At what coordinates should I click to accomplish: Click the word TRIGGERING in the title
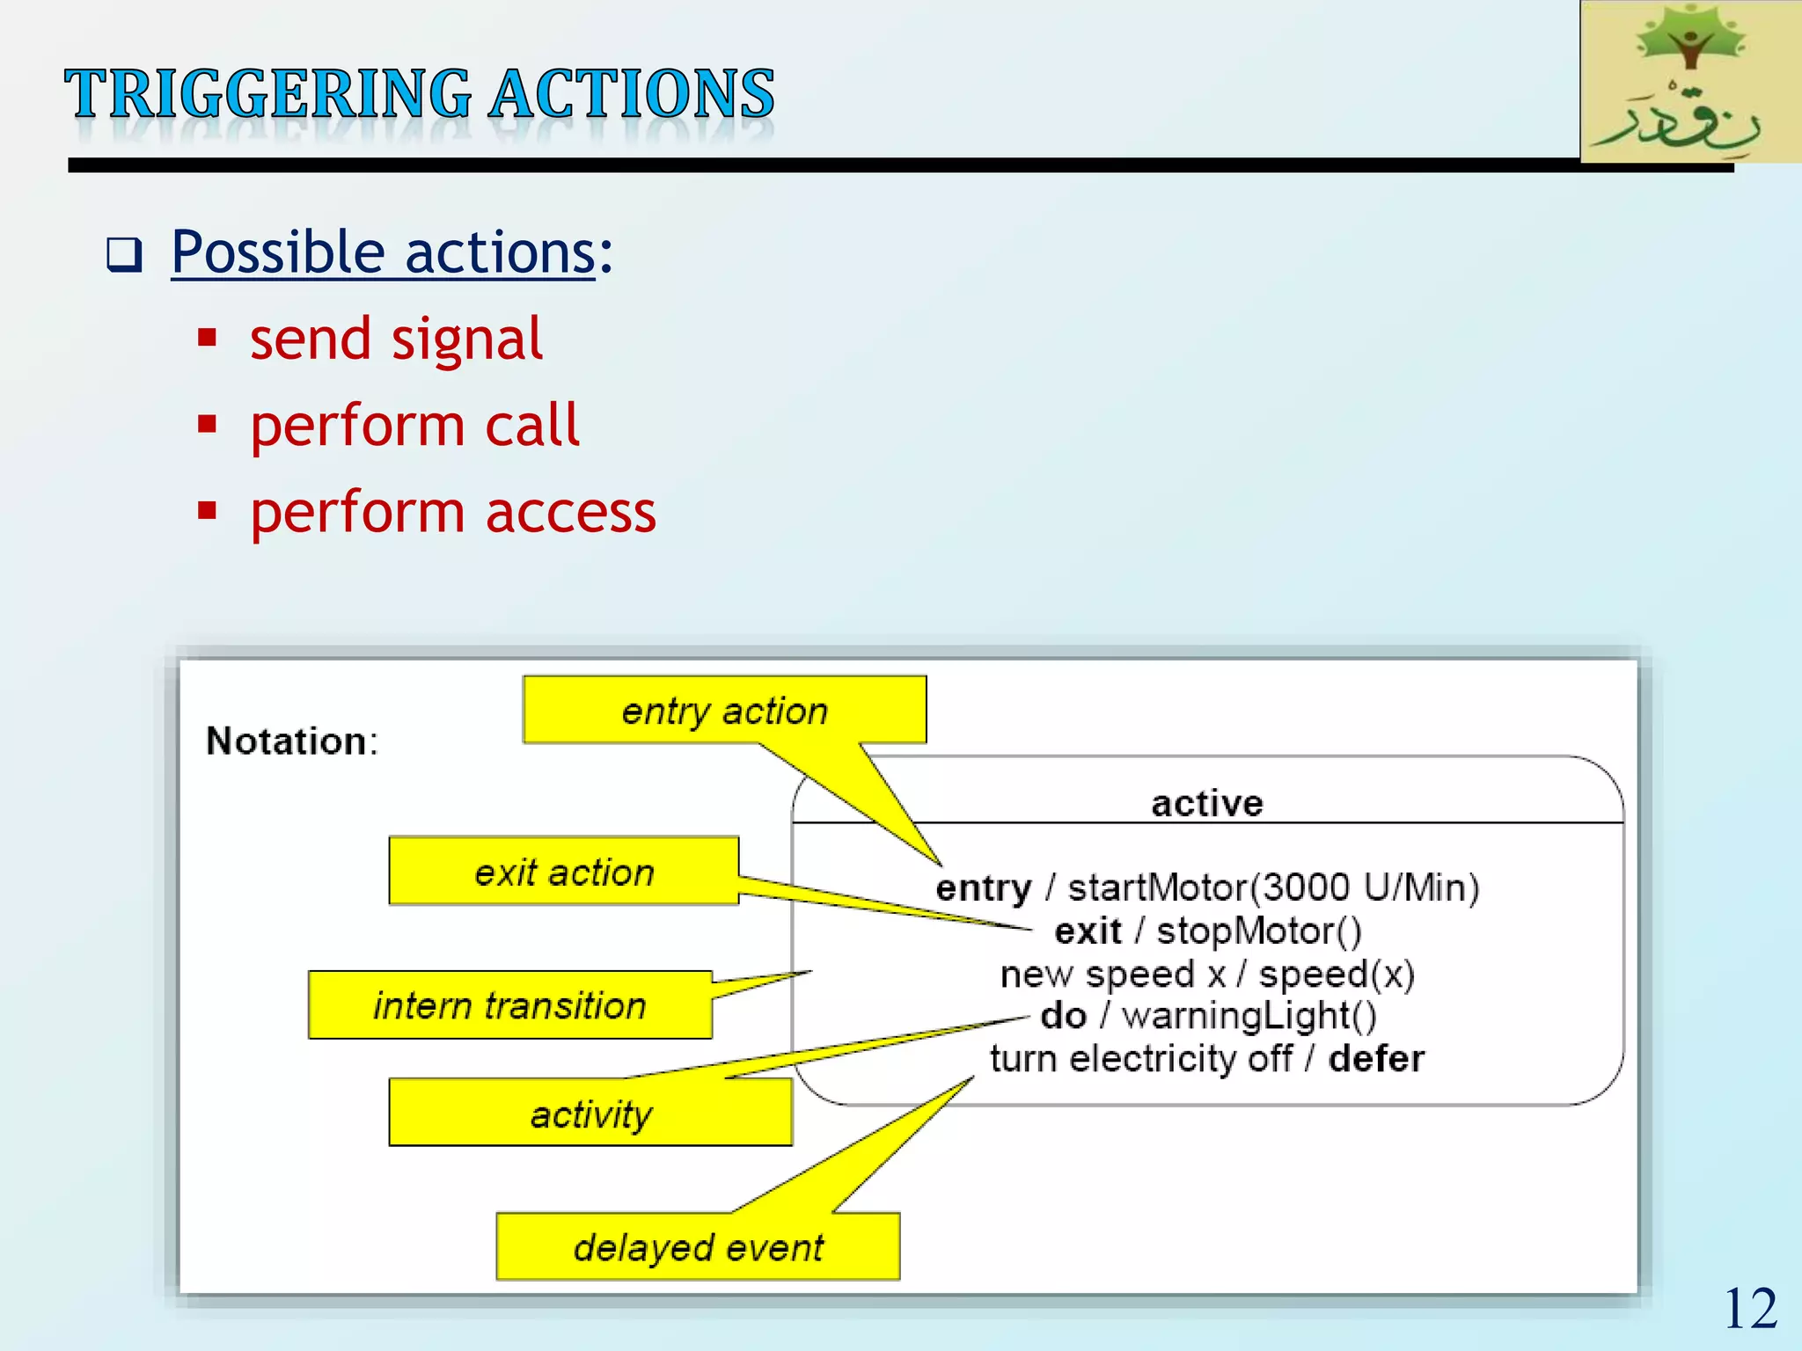[x=268, y=94]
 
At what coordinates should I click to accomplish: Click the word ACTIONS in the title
[x=631, y=94]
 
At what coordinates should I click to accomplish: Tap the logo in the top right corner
[x=1689, y=81]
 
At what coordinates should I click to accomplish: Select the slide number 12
[x=1750, y=1309]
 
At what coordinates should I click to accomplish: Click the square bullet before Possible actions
[x=124, y=255]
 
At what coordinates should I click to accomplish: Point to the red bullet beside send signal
[x=208, y=339]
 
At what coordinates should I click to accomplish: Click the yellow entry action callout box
[x=723, y=710]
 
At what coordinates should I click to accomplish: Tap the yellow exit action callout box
[x=563, y=872]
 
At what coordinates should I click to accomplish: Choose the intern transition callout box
[x=509, y=1005]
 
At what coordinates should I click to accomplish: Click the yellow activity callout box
[x=590, y=1114]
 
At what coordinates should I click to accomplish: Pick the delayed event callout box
[x=698, y=1246]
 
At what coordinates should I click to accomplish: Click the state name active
[x=1206, y=803]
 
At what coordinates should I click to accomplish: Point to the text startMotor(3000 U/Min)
[x=1273, y=887]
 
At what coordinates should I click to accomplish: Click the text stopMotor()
[x=1258, y=931]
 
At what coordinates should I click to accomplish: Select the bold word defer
[x=1375, y=1058]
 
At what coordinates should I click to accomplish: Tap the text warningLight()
[x=1249, y=1016]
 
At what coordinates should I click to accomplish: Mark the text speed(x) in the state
[x=1337, y=974]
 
